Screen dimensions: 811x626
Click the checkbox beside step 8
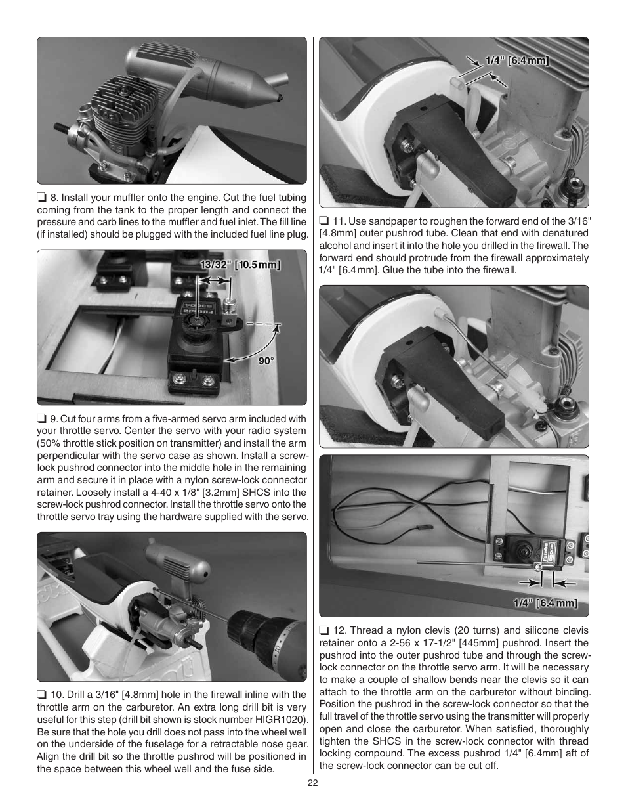pyautogui.click(x=41, y=198)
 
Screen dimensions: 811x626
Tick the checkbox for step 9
pyautogui.click(x=41, y=419)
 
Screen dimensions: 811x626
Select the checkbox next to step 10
pyautogui.click(x=41, y=695)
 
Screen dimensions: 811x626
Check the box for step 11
pyautogui.click(x=324, y=221)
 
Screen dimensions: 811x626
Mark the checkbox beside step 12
pyautogui.click(x=324, y=630)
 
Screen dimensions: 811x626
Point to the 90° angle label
pyautogui.click(x=265, y=360)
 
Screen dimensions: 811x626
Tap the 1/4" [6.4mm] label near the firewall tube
pyautogui.click(x=516, y=61)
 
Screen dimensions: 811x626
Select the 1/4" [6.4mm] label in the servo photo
pyautogui.click(x=545, y=603)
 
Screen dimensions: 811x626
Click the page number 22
pyautogui.click(x=313, y=783)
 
